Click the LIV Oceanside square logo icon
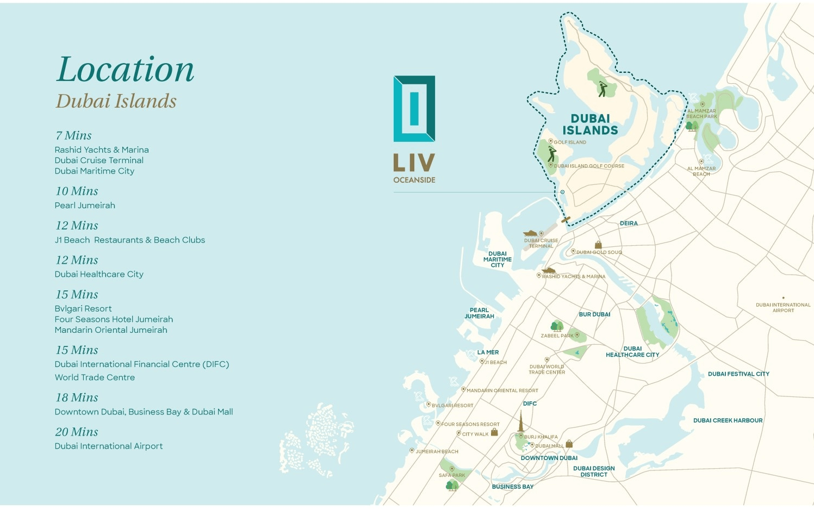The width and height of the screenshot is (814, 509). (414, 109)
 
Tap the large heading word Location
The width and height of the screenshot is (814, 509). (125, 70)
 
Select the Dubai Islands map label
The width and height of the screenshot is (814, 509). (590, 125)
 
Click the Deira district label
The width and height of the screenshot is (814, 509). (629, 224)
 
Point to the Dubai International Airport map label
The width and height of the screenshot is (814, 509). (783, 307)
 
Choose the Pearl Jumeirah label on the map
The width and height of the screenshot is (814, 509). (479, 313)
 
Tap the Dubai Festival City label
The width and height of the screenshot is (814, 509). (738, 374)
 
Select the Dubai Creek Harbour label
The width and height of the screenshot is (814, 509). (728, 420)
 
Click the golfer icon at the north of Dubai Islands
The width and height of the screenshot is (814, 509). (602, 89)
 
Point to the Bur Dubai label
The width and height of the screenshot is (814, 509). (594, 314)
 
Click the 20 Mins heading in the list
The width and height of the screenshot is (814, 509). (77, 432)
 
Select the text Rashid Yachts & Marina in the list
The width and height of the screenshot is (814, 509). (102, 150)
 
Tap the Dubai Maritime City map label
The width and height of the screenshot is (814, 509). (497, 259)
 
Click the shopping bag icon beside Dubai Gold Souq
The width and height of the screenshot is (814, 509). (598, 245)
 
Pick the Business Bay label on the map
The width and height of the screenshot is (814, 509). (512, 487)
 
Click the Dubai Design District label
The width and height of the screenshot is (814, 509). (594, 471)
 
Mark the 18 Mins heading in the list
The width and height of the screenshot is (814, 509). (77, 398)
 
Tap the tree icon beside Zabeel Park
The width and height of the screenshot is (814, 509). (557, 326)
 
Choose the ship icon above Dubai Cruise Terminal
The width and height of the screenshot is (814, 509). (530, 233)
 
